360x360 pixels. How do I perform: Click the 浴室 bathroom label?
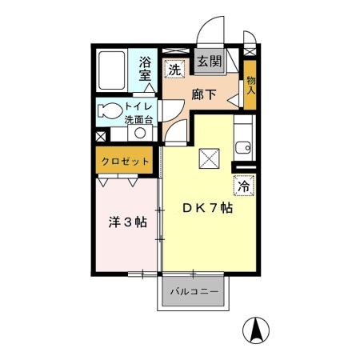pos(145,69)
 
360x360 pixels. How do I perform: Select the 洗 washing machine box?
pos(174,69)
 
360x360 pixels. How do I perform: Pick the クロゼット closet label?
pos(126,162)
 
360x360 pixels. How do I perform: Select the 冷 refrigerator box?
pos(243,186)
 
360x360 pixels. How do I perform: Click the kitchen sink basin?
pos(244,146)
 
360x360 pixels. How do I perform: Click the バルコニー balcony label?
pos(193,294)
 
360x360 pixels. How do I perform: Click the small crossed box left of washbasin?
pos(100,137)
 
